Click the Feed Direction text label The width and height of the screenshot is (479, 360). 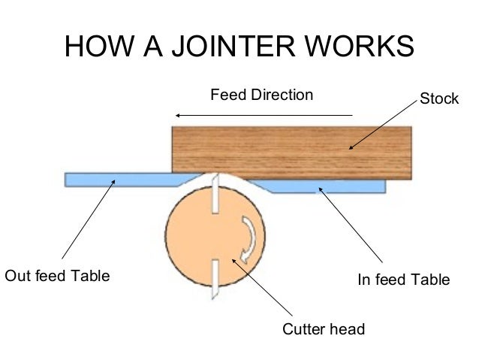[261, 95]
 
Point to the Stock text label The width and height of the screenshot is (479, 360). [438, 98]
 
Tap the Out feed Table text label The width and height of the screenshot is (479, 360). [57, 276]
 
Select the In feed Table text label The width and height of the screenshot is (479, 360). [403, 280]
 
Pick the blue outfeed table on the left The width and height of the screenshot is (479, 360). [120, 180]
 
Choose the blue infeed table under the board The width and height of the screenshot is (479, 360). [330, 185]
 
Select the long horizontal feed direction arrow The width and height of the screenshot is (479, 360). [263, 115]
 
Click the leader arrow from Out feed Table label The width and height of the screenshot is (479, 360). [88, 219]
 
